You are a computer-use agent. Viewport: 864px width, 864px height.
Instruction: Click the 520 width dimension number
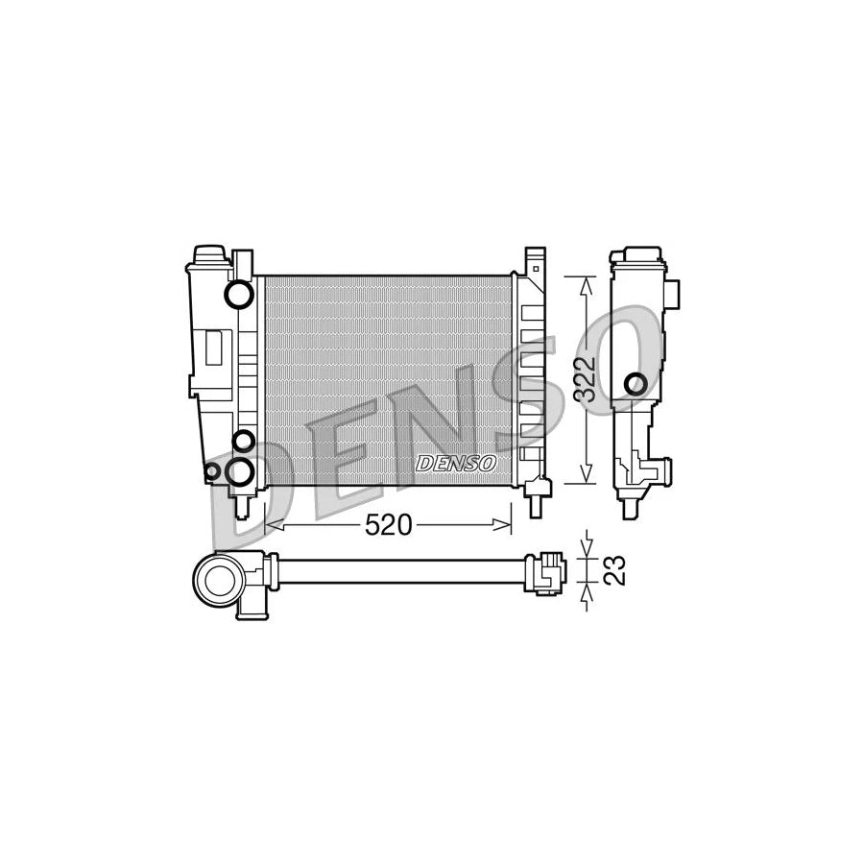[388, 524]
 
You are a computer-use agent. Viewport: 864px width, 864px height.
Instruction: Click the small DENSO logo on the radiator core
[456, 464]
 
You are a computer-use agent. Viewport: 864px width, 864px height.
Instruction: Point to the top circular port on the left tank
[236, 296]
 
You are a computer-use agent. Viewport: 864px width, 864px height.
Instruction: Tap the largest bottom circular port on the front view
[241, 470]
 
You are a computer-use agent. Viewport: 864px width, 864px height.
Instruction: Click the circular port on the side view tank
[635, 385]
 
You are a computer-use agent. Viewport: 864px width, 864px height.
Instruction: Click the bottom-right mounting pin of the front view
[537, 497]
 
